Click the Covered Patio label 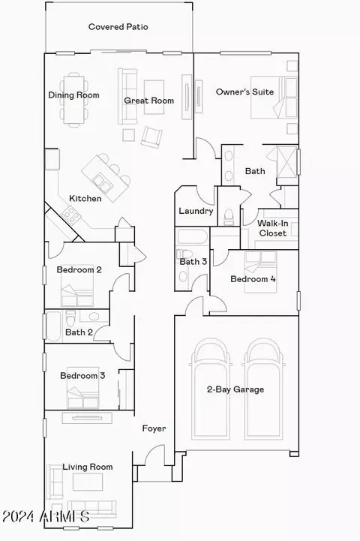[118, 27]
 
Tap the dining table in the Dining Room [74, 100]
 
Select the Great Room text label [149, 101]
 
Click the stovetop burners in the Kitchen [71, 215]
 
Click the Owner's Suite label [244, 92]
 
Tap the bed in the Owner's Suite [274, 98]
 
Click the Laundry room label [196, 211]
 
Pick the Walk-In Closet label [273, 228]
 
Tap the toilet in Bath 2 [70, 317]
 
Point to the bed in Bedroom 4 [260, 272]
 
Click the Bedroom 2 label [79, 270]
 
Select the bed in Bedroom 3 [82, 387]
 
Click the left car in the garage [211, 389]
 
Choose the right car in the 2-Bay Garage [264, 389]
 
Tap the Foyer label [154, 428]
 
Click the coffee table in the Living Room [88, 482]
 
